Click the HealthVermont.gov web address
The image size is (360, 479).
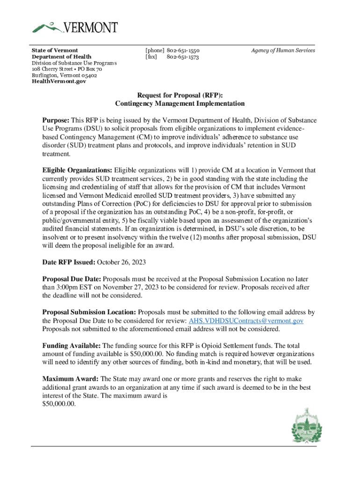pyautogui.click(x=59, y=81)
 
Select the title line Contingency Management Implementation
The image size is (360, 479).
pyautogui.click(x=180, y=103)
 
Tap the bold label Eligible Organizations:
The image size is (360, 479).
pyautogui.click(x=77, y=170)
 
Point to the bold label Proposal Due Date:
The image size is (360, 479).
pyautogui.click(x=72, y=278)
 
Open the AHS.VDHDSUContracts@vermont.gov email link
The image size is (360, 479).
pyautogui.click(x=246, y=320)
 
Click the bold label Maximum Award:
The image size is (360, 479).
pyautogui.click(x=71, y=378)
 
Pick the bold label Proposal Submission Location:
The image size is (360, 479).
pyautogui.click(x=89, y=312)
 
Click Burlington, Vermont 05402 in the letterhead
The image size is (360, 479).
pyautogui.click(x=65, y=75)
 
